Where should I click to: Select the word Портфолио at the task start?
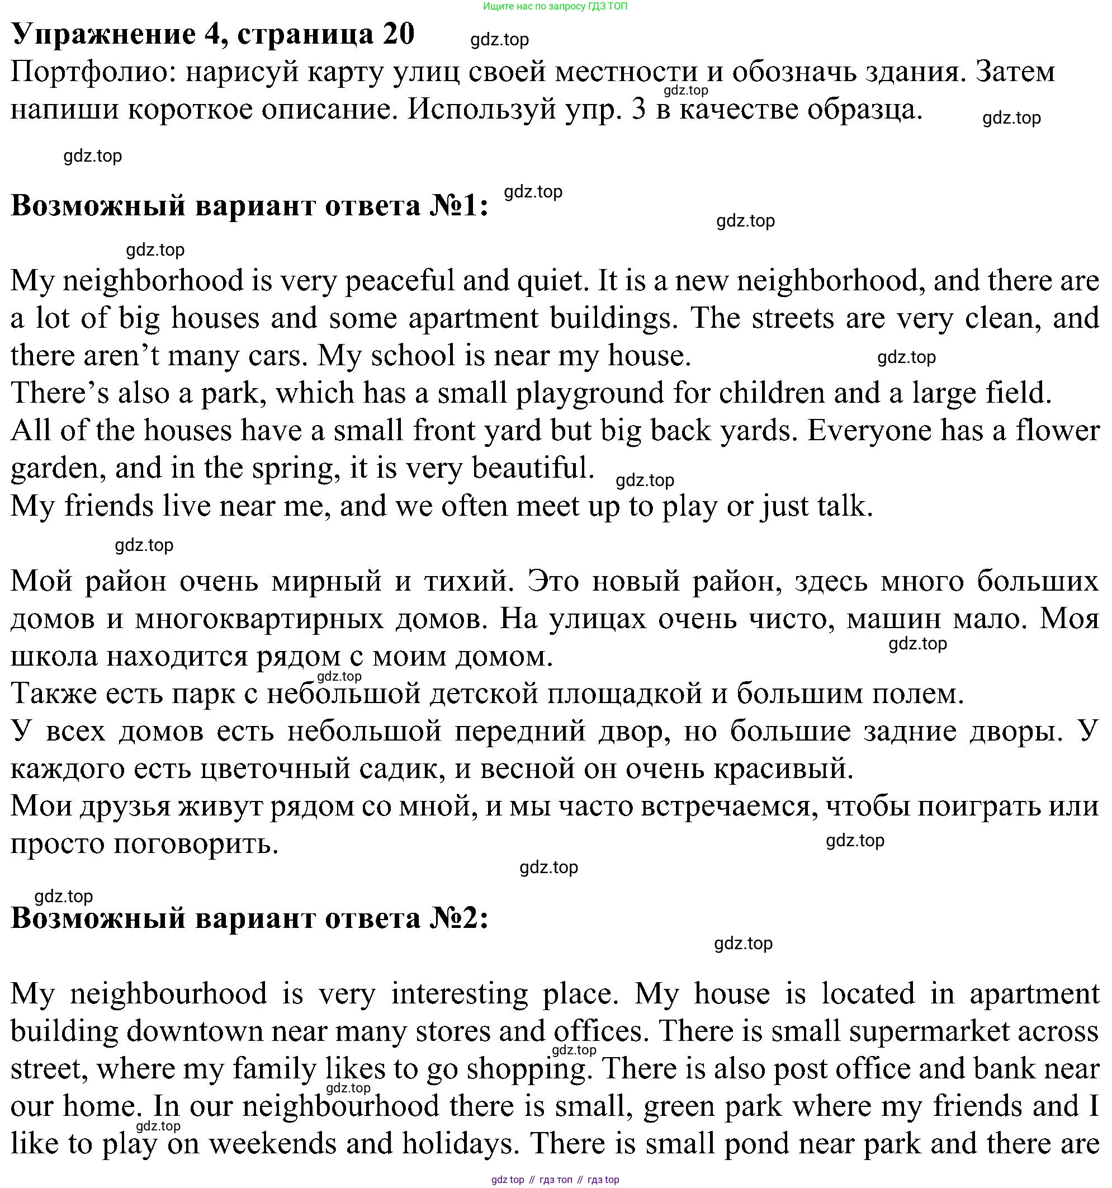tap(93, 72)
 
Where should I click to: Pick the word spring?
tap(292, 469)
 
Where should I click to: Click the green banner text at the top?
tap(555, 7)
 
